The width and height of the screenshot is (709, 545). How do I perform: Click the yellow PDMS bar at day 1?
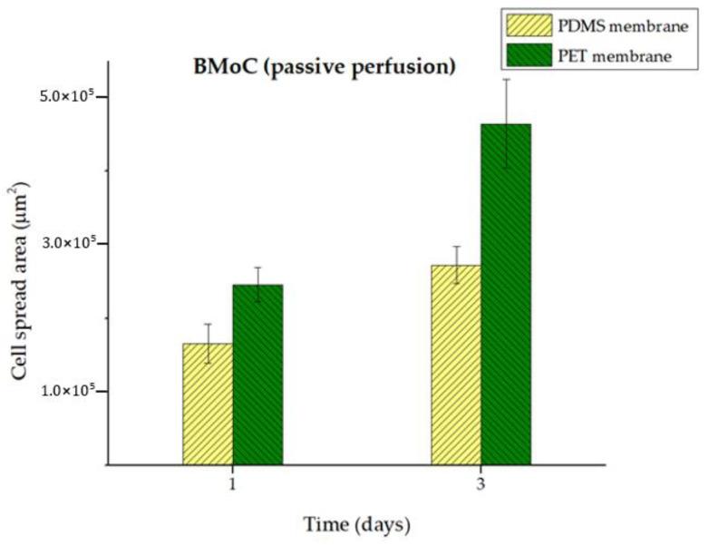(208, 404)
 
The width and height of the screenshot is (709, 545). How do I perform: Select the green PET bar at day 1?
(257, 375)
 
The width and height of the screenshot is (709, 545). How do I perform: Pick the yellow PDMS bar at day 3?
(456, 365)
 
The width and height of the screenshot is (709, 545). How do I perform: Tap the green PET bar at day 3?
(506, 294)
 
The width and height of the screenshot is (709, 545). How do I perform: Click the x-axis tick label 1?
(233, 485)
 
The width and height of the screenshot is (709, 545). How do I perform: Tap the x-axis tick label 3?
(481, 485)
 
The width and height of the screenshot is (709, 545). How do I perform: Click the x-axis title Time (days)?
(355, 525)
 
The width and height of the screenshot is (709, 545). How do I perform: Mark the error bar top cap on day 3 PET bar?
(506, 80)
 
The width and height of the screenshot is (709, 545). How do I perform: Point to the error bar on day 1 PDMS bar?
(208, 343)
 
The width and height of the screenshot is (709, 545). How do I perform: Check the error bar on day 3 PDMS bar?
(456, 264)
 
